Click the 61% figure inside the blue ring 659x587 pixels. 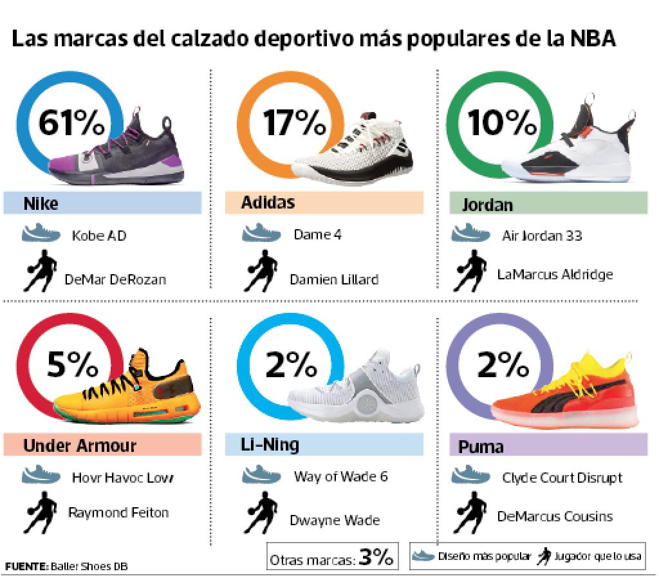[71, 124]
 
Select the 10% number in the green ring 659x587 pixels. [502, 124]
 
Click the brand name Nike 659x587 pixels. [41, 204]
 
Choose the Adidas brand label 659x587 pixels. [268, 203]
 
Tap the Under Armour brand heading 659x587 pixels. [80, 445]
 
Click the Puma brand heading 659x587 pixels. [481, 446]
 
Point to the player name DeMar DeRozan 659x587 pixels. [115, 279]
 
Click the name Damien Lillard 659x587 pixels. [334, 279]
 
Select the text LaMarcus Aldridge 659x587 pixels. [555, 274]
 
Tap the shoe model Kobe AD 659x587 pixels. [99, 235]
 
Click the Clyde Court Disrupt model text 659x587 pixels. [562, 478]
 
